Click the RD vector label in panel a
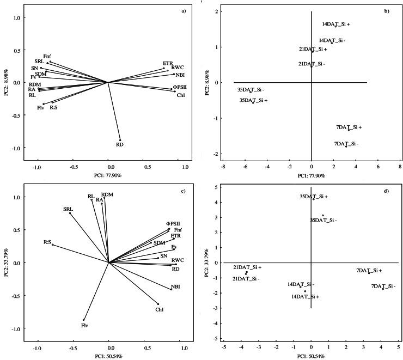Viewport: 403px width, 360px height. coord(120,144)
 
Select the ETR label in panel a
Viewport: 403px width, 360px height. coord(168,64)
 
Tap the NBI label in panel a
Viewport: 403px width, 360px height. coord(180,75)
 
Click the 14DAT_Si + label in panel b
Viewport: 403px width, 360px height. coord(335,24)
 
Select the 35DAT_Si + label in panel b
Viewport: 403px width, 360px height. coord(253,101)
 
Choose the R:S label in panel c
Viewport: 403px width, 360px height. coord(48,241)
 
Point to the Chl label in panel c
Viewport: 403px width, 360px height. coord(160,310)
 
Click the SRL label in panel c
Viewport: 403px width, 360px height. coord(68,209)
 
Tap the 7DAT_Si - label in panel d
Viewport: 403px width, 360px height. coord(383,286)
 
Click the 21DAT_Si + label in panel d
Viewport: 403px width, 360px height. coord(248,267)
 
